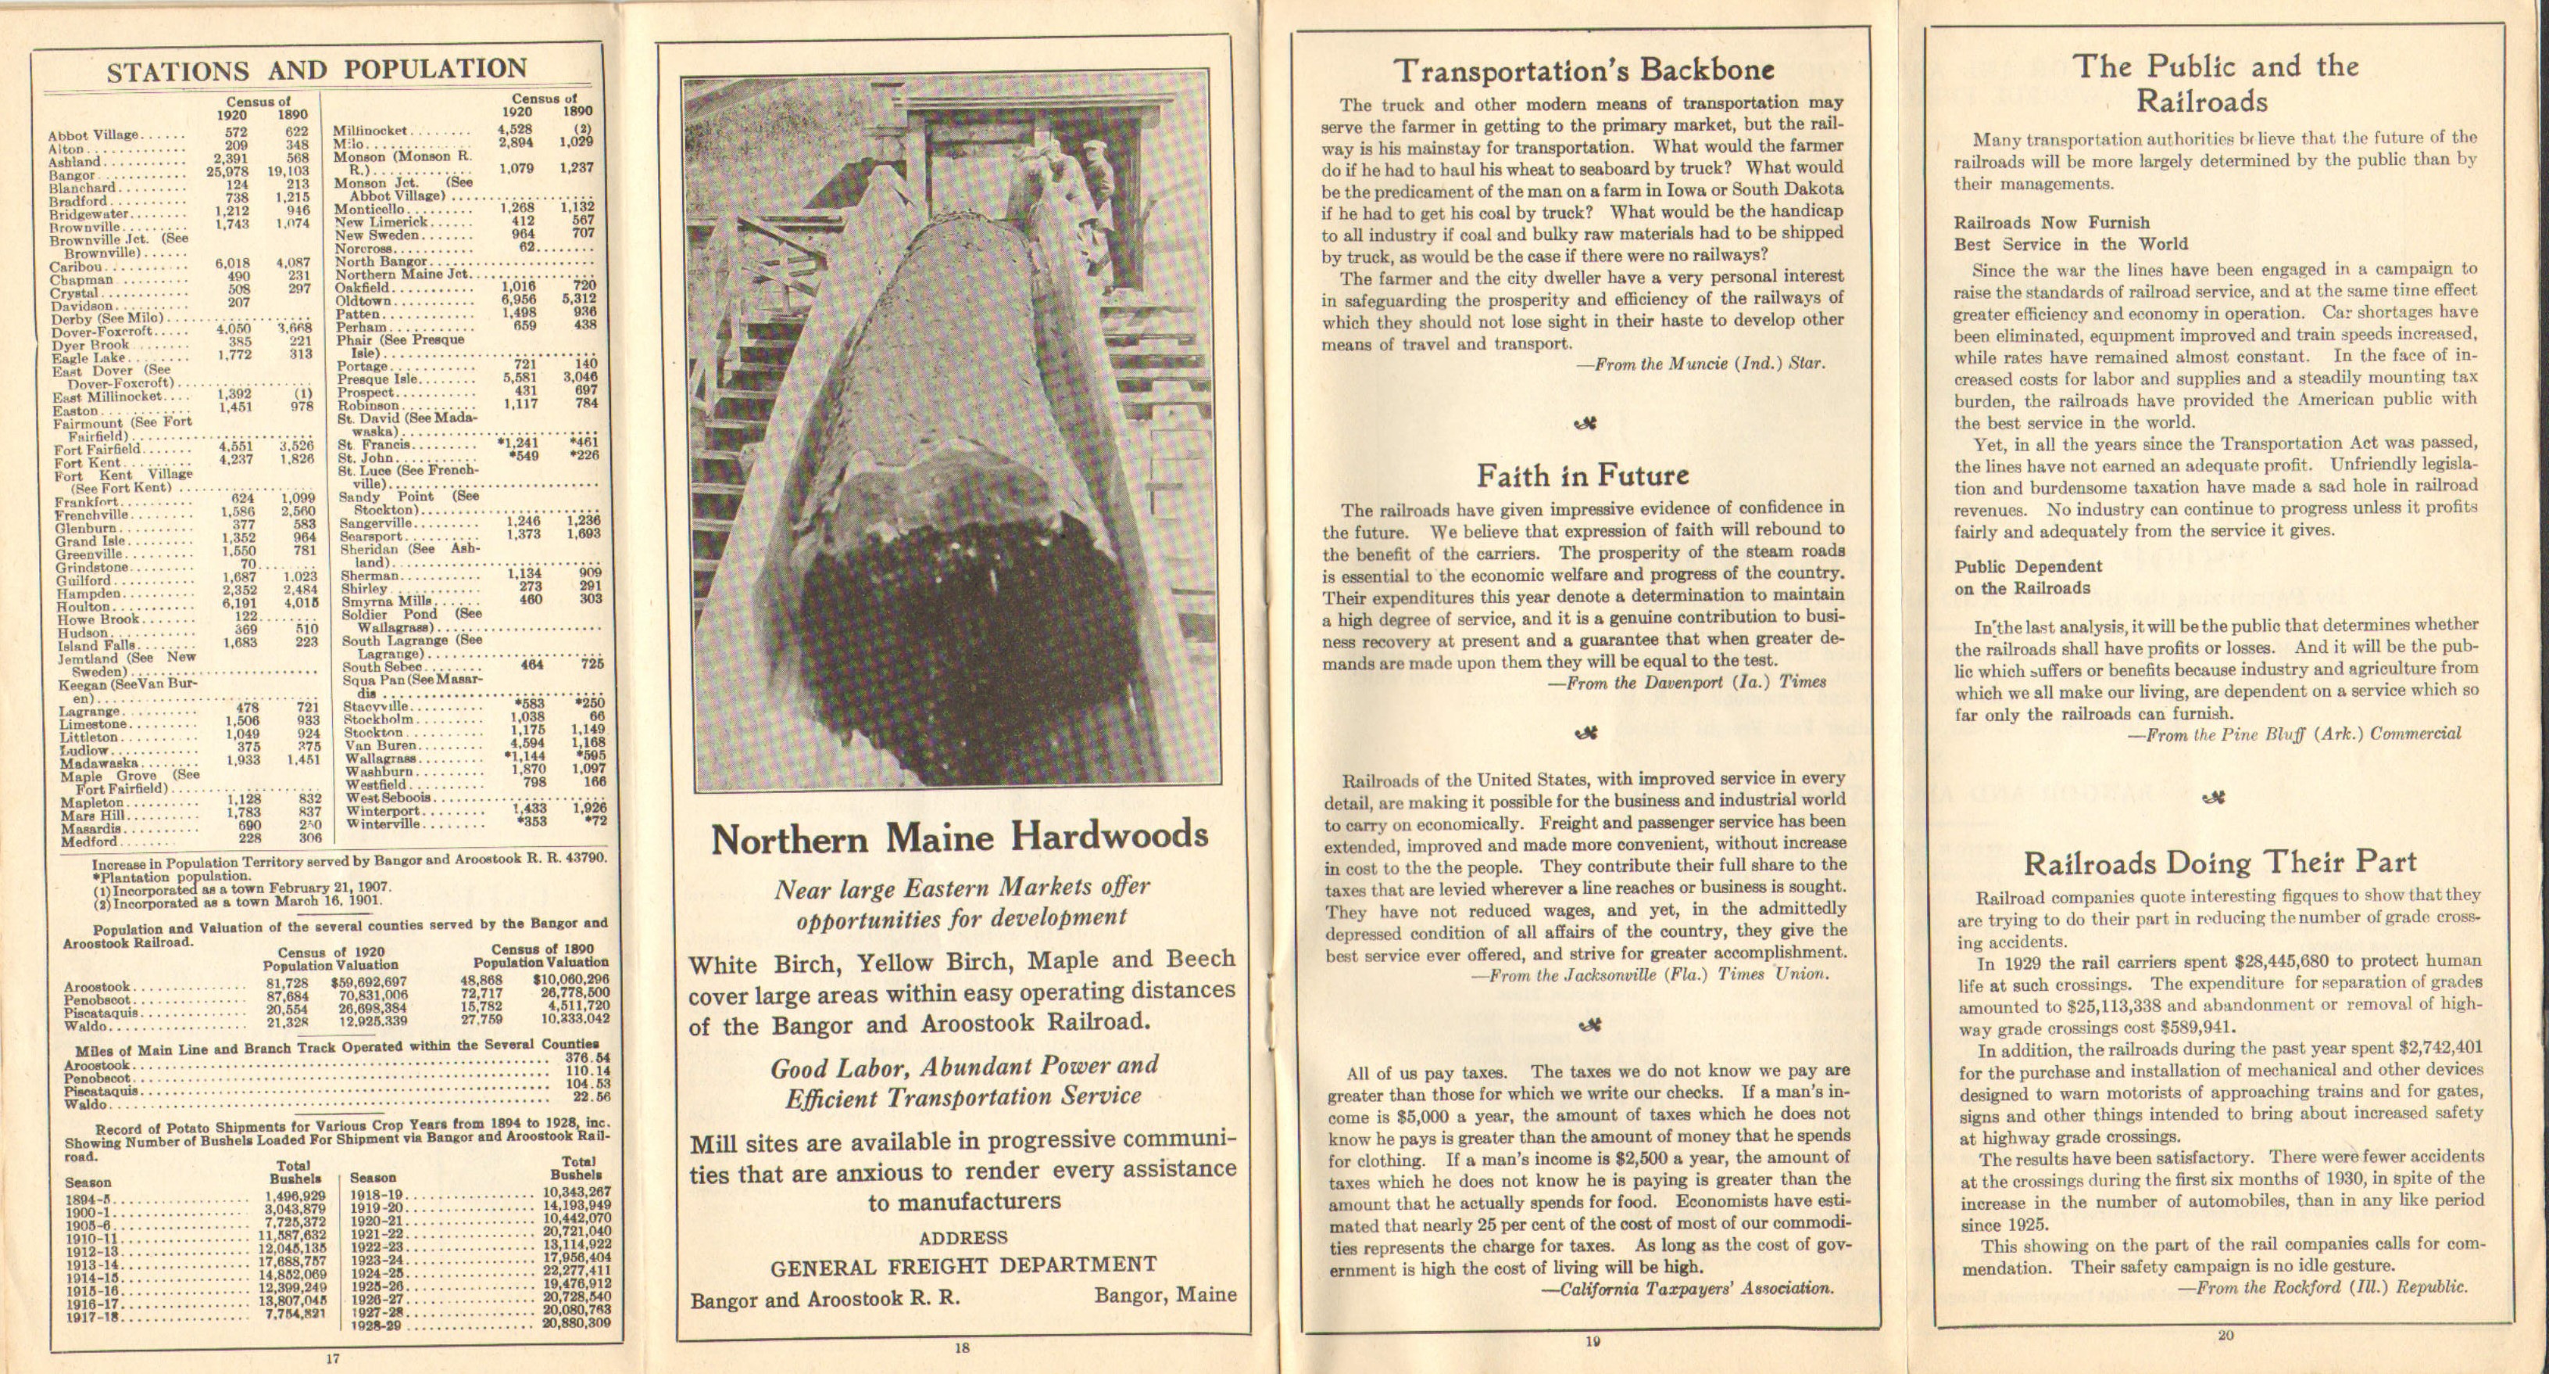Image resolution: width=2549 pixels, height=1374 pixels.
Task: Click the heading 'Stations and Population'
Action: point(316,70)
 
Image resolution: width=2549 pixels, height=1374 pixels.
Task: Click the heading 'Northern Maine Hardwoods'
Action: point(959,838)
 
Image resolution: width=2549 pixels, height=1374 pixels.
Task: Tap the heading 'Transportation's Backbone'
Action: point(1583,70)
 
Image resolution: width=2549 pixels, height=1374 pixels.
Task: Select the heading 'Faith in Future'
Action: point(1582,476)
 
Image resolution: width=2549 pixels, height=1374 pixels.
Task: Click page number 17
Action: point(334,1359)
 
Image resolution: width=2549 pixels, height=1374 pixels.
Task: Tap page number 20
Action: point(2225,1336)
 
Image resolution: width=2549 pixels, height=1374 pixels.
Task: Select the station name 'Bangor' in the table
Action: point(72,175)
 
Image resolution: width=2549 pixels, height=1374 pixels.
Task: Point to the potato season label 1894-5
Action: point(86,1200)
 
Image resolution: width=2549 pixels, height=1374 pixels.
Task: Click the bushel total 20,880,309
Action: point(576,1322)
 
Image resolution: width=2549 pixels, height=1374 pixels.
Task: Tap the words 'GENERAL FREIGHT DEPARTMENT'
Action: point(963,1266)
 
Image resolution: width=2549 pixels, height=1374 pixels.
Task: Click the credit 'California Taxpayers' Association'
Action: point(1687,1289)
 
